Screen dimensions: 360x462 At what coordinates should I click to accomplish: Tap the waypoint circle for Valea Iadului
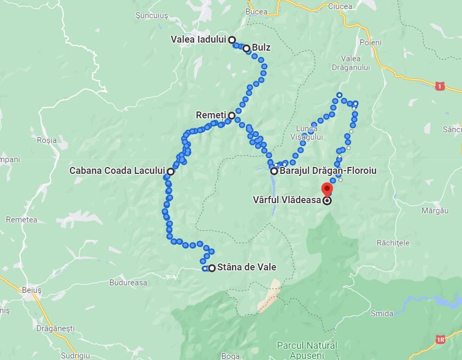point(232,39)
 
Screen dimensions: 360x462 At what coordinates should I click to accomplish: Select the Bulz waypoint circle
point(246,49)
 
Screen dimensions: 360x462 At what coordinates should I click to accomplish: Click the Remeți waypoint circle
point(232,115)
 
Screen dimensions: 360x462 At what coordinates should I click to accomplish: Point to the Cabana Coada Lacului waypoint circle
point(170,172)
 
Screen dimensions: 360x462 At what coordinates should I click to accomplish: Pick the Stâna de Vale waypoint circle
point(212,268)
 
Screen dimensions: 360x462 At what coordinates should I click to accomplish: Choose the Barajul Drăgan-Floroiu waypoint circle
point(274,171)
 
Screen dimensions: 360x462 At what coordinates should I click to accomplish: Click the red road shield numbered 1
point(440,86)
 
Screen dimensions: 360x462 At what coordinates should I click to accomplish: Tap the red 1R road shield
point(440,339)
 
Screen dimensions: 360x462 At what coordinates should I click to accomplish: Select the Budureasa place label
point(128,283)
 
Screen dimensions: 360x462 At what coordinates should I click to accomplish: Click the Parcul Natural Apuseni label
point(307,350)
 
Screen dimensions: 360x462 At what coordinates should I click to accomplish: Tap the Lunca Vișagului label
point(309,132)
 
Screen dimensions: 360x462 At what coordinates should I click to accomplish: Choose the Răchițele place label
point(393,243)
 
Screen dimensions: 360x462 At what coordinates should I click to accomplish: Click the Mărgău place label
point(435,211)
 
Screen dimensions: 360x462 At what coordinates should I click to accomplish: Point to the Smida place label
point(382,313)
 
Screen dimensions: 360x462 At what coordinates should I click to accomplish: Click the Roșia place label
point(47,140)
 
